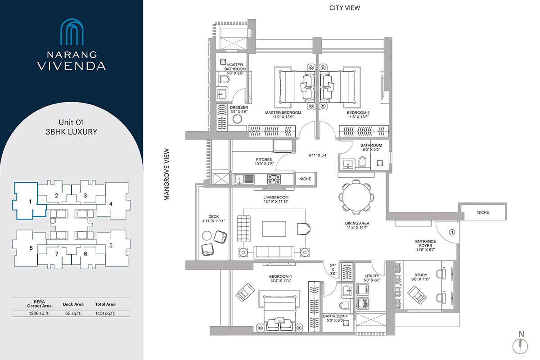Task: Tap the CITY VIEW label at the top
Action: click(345, 8)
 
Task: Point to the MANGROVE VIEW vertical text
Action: click(166, 174)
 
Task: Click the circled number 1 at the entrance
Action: click(452, 232)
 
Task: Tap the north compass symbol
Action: click(521, 345)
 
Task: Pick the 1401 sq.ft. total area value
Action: click(105, 313)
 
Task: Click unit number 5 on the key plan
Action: click(111, 245)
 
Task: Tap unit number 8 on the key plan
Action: click(31, 248)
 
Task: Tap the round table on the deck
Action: click(207, 235)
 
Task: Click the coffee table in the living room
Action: click(274, 229)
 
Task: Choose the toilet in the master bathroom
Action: click(224, 80)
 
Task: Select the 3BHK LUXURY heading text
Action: click(72, 132)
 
